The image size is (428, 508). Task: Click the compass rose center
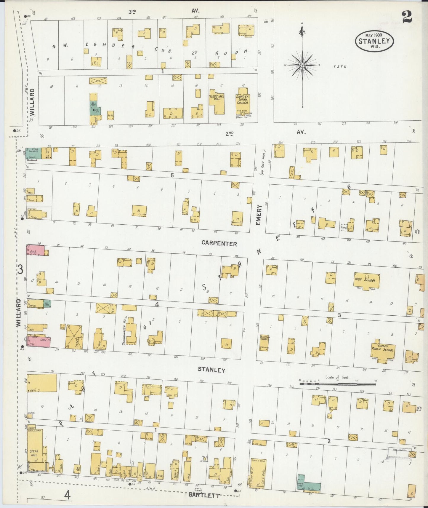(x=302, y=65)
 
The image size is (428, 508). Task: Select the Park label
(x=340, y=66)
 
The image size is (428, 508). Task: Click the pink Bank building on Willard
(x=36, y=250)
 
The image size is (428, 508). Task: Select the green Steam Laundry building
(x=33, y=153)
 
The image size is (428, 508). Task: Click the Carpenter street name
(x=219, y=244)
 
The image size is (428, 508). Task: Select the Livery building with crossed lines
(x=74, y=337)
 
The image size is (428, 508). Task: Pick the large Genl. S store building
(x=42, y=383)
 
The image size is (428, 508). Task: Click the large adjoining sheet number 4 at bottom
(x=68, y=495)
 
